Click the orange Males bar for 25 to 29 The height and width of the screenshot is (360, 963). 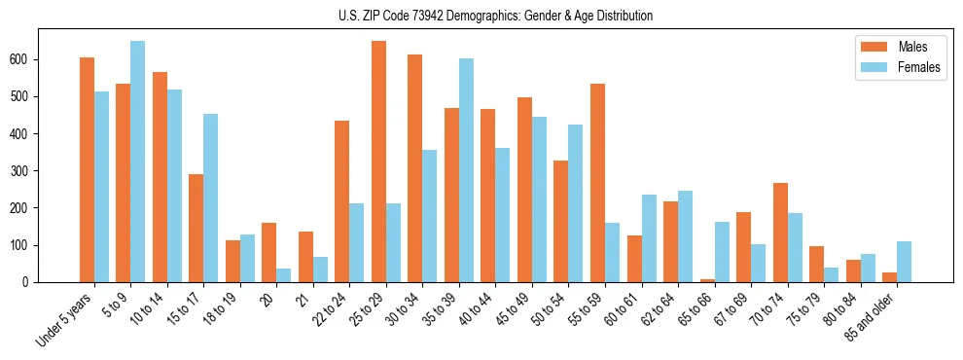(x=378, y=162)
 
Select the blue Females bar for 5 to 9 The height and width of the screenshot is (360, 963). (x=137, y=162)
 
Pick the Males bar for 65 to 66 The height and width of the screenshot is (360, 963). (x=707, y=280)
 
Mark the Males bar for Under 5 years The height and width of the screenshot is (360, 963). (x=87, y=170)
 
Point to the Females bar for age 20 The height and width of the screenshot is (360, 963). (x=283, y=275)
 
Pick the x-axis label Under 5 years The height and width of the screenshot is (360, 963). (x=66, y=318)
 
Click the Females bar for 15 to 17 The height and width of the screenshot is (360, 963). (x=210, y=198)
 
